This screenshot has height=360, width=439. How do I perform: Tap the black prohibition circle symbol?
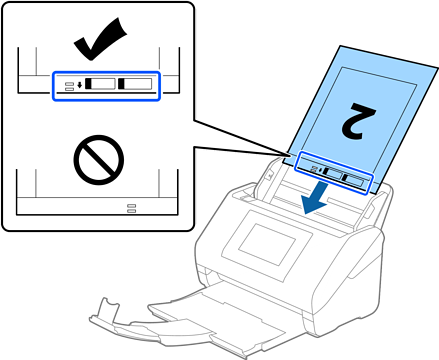tap(99, 160)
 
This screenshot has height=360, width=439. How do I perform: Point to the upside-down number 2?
tap(359, 121)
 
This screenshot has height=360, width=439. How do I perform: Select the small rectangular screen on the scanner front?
tap(267, 244)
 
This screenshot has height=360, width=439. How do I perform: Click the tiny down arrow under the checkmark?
tap(79, 85)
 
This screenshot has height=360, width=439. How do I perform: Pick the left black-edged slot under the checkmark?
tap(100, 84)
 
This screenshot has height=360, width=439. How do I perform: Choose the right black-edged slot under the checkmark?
tap(135, 84)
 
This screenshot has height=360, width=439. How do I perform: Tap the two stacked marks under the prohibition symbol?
tap(132, 208)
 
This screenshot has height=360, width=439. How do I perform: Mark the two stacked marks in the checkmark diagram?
tap(69, 87)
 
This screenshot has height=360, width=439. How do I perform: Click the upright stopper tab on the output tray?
tap(109, 306)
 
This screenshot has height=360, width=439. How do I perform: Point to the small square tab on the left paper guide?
tap(270, 174)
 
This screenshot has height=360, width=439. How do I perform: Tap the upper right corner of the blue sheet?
tap(437, 68)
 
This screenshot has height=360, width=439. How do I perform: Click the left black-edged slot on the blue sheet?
tap(332, 173)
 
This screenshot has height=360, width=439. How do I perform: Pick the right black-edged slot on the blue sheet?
tap(354, 180)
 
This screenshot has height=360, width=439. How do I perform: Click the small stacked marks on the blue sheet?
tap(314, 169)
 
